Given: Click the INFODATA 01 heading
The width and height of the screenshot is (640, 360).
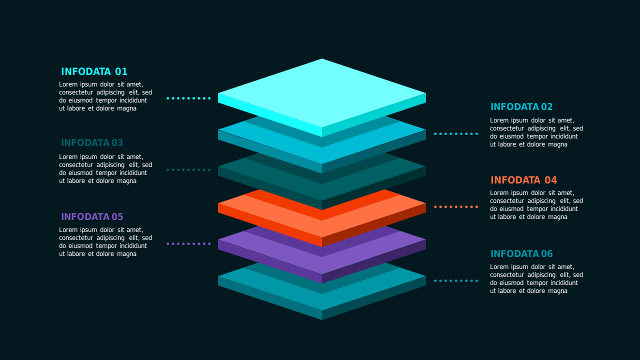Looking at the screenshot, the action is tap(94, 71).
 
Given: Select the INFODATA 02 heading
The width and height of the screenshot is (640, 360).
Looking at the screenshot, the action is tap(521, 107).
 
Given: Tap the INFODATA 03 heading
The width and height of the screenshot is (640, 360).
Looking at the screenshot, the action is tap(92, 143).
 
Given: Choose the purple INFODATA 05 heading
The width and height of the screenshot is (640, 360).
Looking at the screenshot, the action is tap(92, 217).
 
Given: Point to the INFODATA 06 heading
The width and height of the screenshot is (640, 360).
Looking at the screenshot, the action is tap(521, 253).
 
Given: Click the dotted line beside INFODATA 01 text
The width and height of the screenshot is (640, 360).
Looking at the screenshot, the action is tap(188, 98).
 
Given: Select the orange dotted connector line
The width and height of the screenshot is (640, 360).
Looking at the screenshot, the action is tap(456, 207).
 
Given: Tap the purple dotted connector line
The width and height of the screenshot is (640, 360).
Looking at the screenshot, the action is tap(188, 243).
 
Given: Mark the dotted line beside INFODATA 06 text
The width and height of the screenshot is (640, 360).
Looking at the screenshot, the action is tap(456, 281).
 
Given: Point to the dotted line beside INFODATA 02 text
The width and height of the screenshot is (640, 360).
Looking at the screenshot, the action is tap(456, 133).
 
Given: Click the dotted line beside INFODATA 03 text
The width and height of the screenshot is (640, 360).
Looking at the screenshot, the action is tap(188, 169).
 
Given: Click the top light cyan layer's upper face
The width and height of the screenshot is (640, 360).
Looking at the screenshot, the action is tap(322, 93).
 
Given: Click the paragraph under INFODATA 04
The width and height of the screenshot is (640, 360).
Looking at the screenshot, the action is tap(536, 205).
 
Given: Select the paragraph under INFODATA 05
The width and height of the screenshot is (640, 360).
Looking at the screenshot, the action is tap(105, 241).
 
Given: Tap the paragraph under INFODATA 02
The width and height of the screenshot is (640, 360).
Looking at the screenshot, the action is tap(536, 132).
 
